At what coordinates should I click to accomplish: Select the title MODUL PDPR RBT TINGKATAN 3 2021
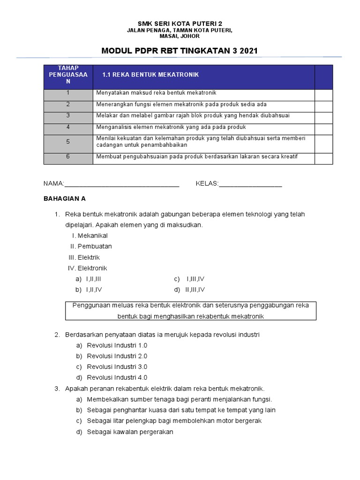tap(180, 51)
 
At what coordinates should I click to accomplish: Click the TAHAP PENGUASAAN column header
tap(68, 75)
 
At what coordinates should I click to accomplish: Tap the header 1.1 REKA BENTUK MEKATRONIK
tap(150, 75)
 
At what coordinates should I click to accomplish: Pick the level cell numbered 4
tap(68, 127)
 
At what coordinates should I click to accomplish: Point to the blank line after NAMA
tap(121, 184)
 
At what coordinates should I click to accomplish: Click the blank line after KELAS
tap(250, 184)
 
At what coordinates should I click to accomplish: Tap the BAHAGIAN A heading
tap(65, 199)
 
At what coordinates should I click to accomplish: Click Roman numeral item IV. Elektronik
tap(88, 268)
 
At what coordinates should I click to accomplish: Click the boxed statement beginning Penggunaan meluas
tap(190, 311)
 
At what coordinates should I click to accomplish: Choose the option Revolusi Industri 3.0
tap(117, 367)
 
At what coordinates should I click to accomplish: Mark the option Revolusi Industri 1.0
tap(117, 345)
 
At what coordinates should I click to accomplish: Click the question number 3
tap(57, 389)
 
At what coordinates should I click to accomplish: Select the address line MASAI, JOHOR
tap(180, 36)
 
